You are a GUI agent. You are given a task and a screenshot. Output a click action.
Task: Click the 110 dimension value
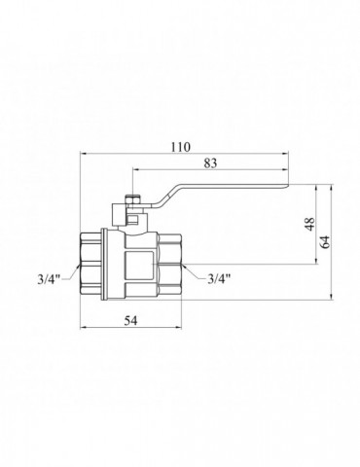181,147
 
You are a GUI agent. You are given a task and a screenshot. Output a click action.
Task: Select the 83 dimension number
210,163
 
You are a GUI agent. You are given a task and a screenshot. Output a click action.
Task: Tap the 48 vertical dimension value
310,224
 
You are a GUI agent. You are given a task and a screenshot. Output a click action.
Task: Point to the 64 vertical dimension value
326,242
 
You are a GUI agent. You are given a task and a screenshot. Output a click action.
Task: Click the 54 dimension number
130,321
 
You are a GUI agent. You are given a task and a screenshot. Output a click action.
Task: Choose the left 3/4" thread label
50,279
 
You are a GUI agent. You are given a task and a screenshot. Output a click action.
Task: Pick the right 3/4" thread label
219,278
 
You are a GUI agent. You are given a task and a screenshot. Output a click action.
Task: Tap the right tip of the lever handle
288,186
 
